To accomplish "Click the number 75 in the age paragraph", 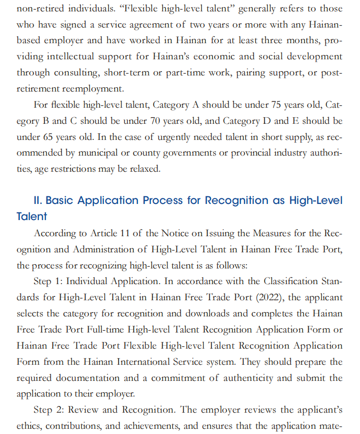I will (x=277, y=105).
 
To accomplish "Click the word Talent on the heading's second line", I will (x=32, y=217).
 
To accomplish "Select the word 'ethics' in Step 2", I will (x=29, y=426).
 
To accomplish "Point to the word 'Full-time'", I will (x=103, y=330).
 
